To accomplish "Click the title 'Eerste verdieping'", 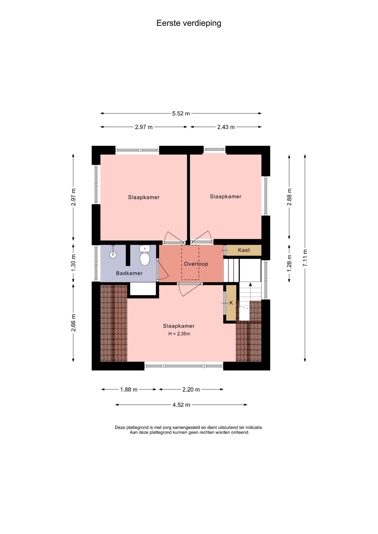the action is coord(189,23).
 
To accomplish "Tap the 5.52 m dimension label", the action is coord(181,113).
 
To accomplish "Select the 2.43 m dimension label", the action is coord(226,127).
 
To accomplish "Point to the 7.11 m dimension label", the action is coord(305,258).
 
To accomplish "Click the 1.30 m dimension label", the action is coord(73,263).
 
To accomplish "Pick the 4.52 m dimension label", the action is coord(181,405).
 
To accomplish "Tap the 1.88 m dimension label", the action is coord(129,389).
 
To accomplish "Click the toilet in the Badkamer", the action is coord(144,256).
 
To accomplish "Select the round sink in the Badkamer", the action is coord(113,254).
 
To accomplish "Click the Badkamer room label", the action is coord(129,273).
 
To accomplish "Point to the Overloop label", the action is coord(196,264).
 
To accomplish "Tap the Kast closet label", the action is coord(244,250).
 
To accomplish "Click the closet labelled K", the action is coord(231,303).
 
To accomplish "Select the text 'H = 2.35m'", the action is coord(179,334).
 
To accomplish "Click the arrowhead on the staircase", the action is coord(251,284).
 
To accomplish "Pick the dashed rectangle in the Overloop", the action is coord(190,262).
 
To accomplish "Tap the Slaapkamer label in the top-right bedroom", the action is coord(225,196).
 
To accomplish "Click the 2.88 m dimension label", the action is coord(289,197).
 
